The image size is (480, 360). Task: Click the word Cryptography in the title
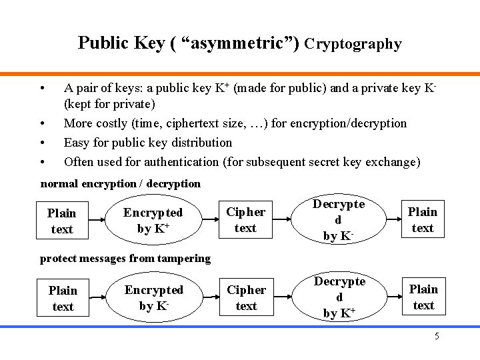(353, 44)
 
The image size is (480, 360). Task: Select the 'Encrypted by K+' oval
(153, 221)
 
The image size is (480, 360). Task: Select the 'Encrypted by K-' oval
(153, 297)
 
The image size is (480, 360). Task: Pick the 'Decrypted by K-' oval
(339, 219)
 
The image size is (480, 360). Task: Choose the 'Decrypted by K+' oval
(339, 297)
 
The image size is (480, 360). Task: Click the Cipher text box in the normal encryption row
(246, 220)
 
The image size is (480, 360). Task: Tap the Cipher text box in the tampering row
(246, 297)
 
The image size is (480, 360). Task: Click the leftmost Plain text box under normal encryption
(62, 221)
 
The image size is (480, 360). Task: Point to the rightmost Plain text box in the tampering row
(423, 297)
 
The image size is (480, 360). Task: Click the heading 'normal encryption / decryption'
(120, 183)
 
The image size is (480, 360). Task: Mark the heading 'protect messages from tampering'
(125, 258)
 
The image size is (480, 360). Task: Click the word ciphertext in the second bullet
(213, 123)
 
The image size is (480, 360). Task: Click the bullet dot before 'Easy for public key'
(42, 143)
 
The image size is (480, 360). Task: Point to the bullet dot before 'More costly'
(42, 123)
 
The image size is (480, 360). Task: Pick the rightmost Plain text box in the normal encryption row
(423, 219)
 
